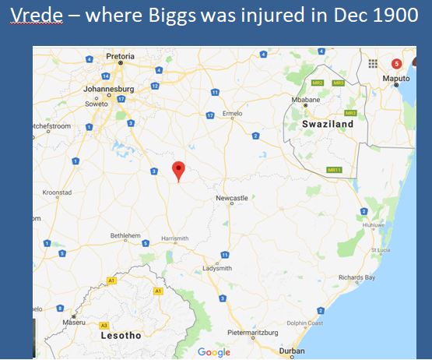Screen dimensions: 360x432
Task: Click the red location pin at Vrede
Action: [x=178, y=170]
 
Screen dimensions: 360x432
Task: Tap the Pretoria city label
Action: [x=120, y=57]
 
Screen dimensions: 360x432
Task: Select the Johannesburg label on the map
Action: [x=109, y=89]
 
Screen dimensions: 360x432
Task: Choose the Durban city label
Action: [x=292, y=351]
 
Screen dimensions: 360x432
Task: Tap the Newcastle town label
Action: [x=232, y=199]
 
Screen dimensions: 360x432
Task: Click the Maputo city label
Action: [x=396, y=79]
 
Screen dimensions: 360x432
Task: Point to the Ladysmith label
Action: [x=217, y=268]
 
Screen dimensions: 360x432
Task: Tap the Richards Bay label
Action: [x=357, y=277]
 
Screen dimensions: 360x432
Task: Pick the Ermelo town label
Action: [x=234, y=114]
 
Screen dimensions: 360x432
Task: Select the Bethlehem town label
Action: [x=125, y=235]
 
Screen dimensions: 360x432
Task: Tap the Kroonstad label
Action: [x=57, y=192]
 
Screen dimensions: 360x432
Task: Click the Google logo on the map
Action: [x=214, y=352]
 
